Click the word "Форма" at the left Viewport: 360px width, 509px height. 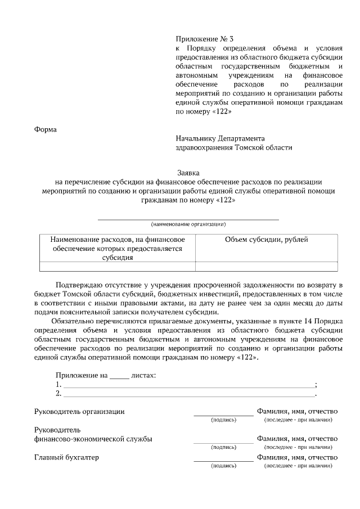click(x=46, y=129)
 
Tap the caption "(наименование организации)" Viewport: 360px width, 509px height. click(x=188, y=224)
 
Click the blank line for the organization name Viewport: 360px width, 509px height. click(x=188, y=218)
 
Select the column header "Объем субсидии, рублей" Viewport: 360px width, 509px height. click(x=266, y=240)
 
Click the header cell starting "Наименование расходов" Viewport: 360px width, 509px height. click(x=118, y=248)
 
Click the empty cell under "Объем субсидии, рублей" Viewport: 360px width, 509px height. click(x=266, y=267)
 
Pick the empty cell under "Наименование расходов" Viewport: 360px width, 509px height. click(x=118, y=267)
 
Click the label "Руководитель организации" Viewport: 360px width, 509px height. click(x=80, y=411)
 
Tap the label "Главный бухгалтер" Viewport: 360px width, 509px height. click(x=66, y=457)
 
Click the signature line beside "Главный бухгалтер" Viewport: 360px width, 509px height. click(x=223, y=461)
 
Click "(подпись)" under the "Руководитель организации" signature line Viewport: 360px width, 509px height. click(x=223, y=420)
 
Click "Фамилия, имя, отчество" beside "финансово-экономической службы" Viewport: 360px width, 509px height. click(x=297, y=439)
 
